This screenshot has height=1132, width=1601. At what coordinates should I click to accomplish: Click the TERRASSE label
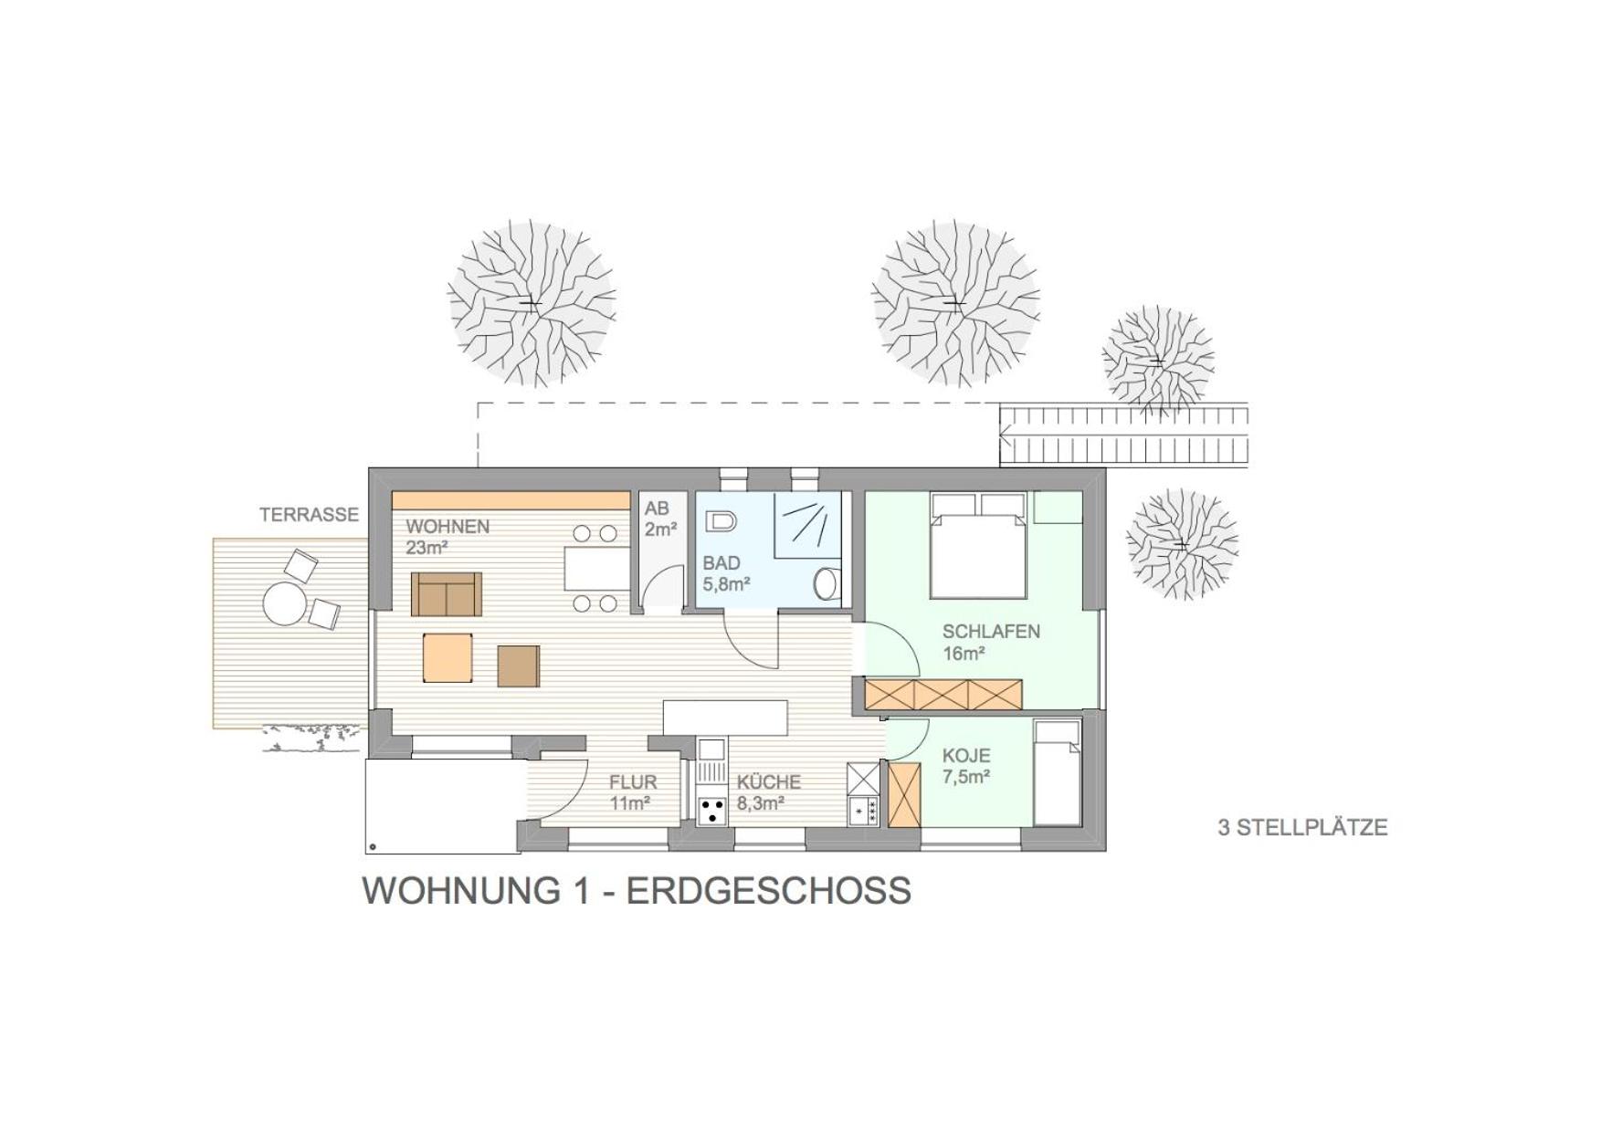[x=309, y=515]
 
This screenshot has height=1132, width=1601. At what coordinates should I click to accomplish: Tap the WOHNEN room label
[x=448, y=527]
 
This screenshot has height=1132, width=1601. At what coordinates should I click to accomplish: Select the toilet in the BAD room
[x=722, y=522]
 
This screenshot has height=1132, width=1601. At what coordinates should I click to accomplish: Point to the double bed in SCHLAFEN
[x=978, y=545]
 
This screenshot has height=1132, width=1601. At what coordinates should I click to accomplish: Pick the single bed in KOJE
[x=1058, y=772]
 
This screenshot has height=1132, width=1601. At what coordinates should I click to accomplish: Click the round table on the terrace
[x=284, y=603]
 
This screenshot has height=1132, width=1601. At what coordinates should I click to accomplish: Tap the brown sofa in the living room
[x=446, y=594]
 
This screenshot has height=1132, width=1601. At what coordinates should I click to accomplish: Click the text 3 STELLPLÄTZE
[x=1302, y=828]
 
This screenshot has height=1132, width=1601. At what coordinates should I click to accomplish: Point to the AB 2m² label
[x=659, y=519]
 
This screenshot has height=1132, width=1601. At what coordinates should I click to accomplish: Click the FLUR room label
[x=633, y=782]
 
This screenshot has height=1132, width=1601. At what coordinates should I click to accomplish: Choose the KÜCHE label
[x=769, y=782]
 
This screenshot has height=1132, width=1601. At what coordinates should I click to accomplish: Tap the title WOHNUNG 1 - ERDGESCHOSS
[x=637, y=890]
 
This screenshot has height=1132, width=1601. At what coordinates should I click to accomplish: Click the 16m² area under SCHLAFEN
[x=964, y=654]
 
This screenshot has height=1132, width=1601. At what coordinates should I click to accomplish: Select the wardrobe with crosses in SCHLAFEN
[x=943, y=695]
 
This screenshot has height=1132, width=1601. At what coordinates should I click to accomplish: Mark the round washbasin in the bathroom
[x=827, y=583]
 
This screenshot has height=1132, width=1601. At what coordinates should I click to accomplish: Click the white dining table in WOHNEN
[x=596, y=569]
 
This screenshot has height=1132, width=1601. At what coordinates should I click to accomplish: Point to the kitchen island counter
[x=725, y=718]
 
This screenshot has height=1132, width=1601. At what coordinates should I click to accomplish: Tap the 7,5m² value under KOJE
[x=966, y=777]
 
